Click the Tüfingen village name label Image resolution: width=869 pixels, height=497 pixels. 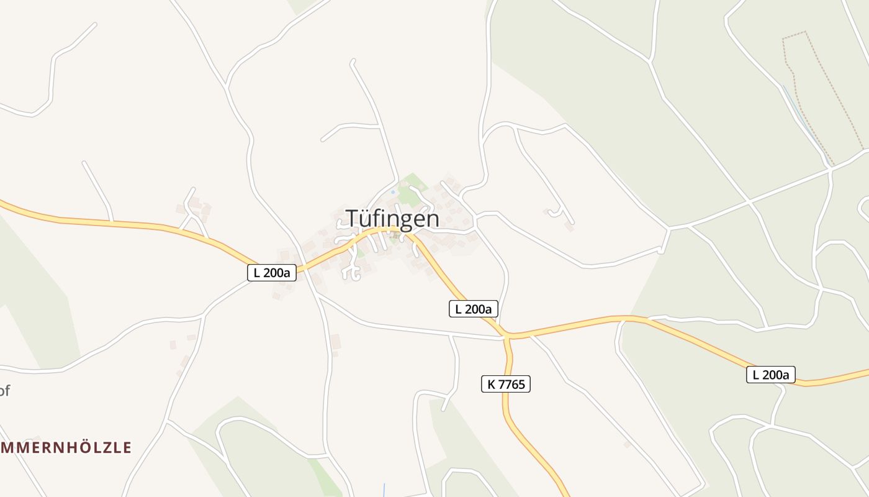click(392, 219)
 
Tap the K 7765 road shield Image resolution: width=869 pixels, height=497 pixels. click(506, 385)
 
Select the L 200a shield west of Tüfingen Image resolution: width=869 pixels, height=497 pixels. click(272, 272)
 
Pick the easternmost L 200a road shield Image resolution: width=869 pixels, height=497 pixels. click(770, 375)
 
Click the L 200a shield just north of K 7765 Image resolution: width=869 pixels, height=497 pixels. click(473, 309)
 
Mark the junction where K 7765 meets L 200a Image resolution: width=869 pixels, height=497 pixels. click(507, 337)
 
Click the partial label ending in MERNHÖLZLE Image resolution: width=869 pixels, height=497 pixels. click(66, 448)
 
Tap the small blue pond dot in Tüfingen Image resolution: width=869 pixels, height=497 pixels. click(392, 192)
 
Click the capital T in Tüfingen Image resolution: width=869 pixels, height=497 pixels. click(351, 219)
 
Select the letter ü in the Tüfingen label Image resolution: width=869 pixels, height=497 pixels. click(365, 219)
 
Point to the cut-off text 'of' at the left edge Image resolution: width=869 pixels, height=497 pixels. click(4, 391)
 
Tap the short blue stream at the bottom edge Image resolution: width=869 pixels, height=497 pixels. click(384, 490)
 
